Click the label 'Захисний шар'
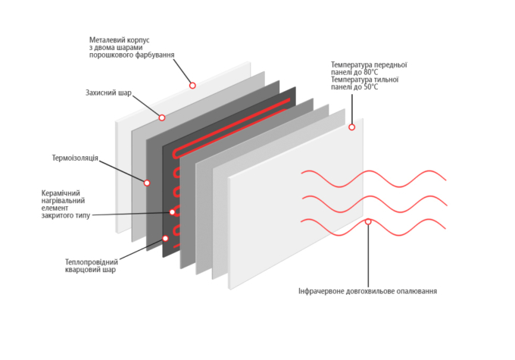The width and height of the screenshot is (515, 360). pyautogui.click(x=108, y=93)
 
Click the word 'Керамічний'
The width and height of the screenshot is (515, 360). pyautogui.click(x=61, y=193)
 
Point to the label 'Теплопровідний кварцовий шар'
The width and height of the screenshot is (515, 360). pyautogui.click(x=92, y=265)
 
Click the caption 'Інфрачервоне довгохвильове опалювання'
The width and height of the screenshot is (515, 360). pyautogui.click(x=367, y=290)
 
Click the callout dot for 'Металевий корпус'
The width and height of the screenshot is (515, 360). pyautogui.click(x=192, y=85)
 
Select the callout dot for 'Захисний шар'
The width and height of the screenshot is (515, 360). pyautogui.click(x=161, y=117)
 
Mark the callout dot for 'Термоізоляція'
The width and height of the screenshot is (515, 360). pyautogui.click(x=147, y=183)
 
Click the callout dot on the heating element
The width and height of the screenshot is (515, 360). pyautogui.click(x=173, y=212)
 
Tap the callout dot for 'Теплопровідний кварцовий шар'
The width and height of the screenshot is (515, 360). pyautogui.click(x=166, y=236)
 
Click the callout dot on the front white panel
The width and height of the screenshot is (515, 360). pyautogui.click(x=351, y=127)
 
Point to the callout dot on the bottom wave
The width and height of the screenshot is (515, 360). pyautogui.click(x=368, y=221)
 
